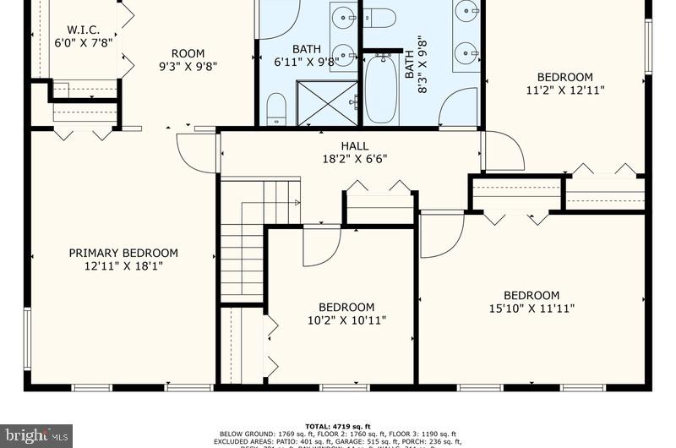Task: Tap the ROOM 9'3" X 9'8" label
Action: (x=188, y=61)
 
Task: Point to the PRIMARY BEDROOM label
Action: (x=123, y=259)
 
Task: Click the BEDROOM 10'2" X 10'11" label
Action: (x=346, y=314)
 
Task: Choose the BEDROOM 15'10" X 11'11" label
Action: (x=532, y=302)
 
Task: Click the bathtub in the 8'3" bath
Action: (x=380, y=90)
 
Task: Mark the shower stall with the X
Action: (x=327, y=103)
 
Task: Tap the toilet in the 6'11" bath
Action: (x=276, y=108)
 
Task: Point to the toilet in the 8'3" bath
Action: (x=379, y=17)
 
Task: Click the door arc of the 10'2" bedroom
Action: (x=321, y=245)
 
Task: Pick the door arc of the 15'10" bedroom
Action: (x=441, y=235)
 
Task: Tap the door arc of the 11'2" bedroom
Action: (x=504, y=152)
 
